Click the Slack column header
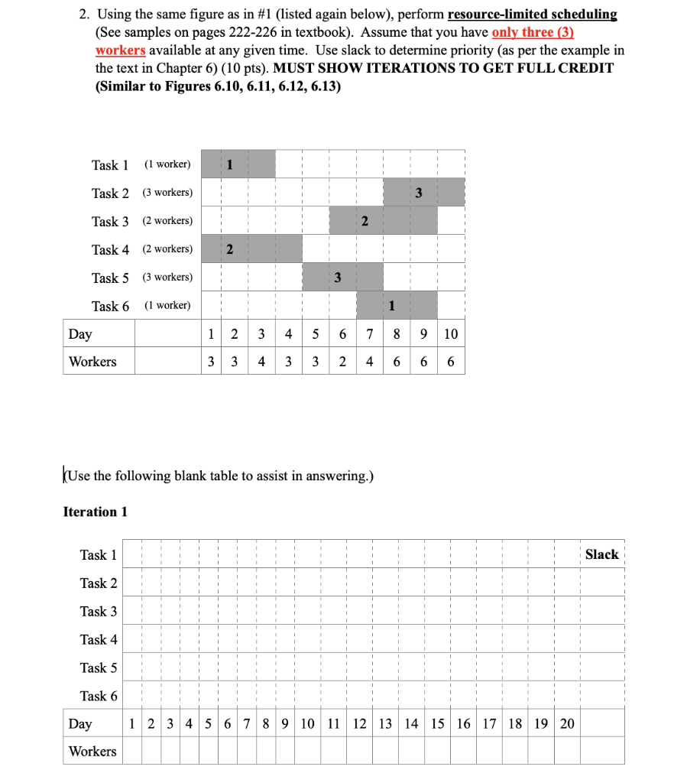[x=601, y=554]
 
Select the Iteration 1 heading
[x=95, y=512]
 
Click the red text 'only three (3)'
[x=533, y=32]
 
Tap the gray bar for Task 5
[x=343, y=277]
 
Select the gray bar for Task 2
[x=424, y=192]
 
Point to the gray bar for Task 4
[x=251, y=249]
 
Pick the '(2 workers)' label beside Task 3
[x=167, y=221]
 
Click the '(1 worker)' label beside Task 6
[x=167, y=305]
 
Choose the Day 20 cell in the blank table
[x=566, y=723]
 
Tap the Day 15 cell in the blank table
[x=437, y=723]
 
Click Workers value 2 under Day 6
[x=343, y=362]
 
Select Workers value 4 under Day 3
[x=262, y=362]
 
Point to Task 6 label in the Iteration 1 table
[x=99, y=696]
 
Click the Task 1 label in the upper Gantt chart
[x=110, y=165]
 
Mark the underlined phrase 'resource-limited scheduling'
[x=532, y=15]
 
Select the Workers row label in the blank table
[x=92, y=751]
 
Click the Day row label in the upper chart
[x=80, y=334]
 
